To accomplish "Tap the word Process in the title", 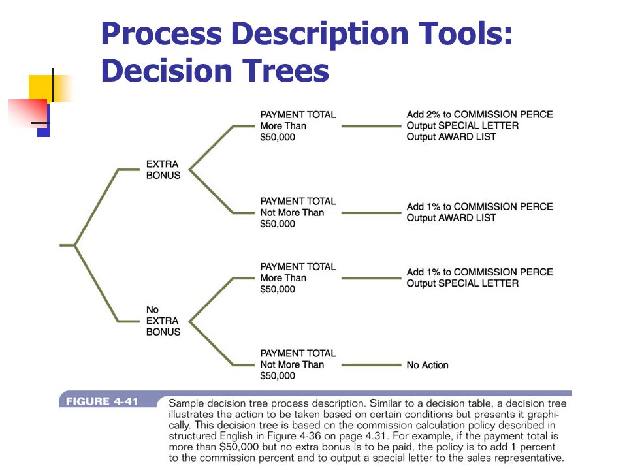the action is pos(161,33).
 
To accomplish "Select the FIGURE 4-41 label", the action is pos(102,401).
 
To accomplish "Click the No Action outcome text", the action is pos(427,365).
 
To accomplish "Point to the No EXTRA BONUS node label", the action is pos(163,321).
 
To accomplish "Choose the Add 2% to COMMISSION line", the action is pos(479,114).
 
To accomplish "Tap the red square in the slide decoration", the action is pos(29,113).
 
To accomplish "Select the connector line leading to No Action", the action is pos(372,365).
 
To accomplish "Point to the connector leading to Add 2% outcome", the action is pos(372,126).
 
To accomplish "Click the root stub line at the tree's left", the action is pos(67,245).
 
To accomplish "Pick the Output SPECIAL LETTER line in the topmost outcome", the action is pos(462,125).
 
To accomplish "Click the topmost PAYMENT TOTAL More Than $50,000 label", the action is pos(298,126).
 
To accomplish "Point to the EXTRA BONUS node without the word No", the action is pos(163,170).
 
